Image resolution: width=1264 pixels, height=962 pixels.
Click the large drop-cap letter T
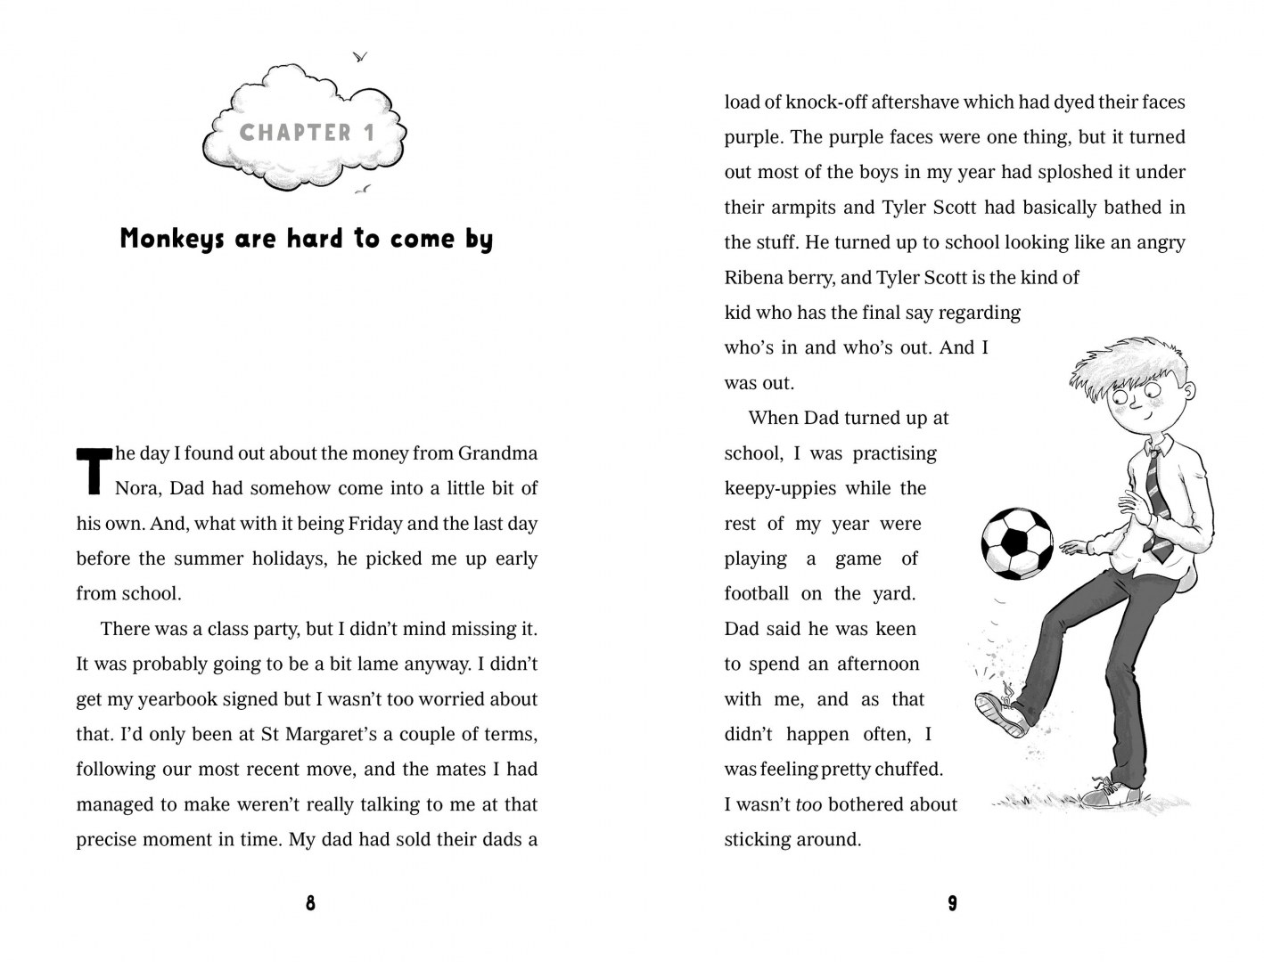(93, 469)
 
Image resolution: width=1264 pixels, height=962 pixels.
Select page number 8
(310, 903)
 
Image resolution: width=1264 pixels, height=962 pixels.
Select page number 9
(952, 903)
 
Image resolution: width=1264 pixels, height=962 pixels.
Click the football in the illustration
(1016, 543)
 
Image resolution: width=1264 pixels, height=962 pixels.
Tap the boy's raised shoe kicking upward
(1000, 714)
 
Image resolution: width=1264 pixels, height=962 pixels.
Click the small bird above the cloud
(360, 57)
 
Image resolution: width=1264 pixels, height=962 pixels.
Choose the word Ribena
(754, 278)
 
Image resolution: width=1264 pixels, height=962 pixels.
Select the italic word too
(808, 804)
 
